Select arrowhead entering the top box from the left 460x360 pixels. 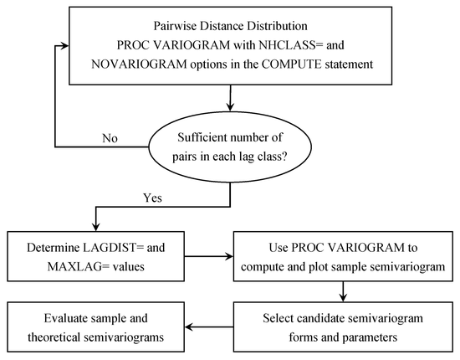point(62,44)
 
